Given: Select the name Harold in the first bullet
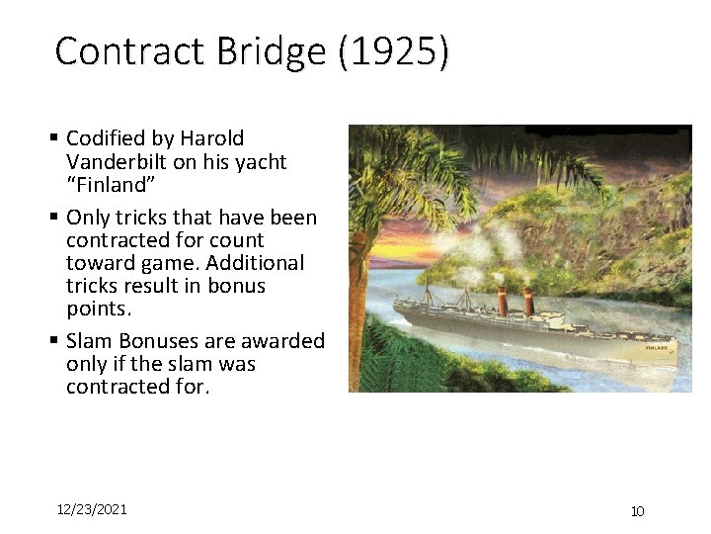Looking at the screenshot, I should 211,138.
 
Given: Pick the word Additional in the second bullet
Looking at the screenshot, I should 258,263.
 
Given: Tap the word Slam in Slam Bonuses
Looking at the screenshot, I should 88,341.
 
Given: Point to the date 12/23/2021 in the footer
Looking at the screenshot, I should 92,509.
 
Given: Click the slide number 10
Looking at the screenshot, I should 637,511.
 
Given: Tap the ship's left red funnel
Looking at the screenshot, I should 502,298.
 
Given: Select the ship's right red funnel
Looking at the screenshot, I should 528,302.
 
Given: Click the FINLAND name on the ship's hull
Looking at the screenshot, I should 657,348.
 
